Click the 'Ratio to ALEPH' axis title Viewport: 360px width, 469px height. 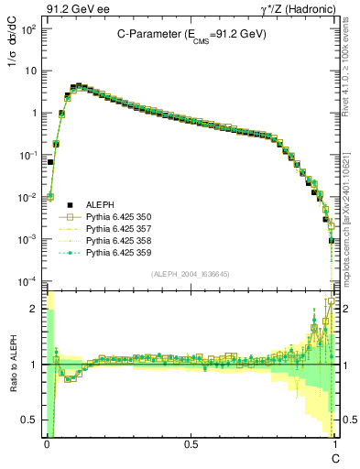(x=14, y=365)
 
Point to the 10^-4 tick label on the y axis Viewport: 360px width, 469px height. (x=29, y=281)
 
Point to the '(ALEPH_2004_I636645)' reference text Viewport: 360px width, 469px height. (x=191, y=273)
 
